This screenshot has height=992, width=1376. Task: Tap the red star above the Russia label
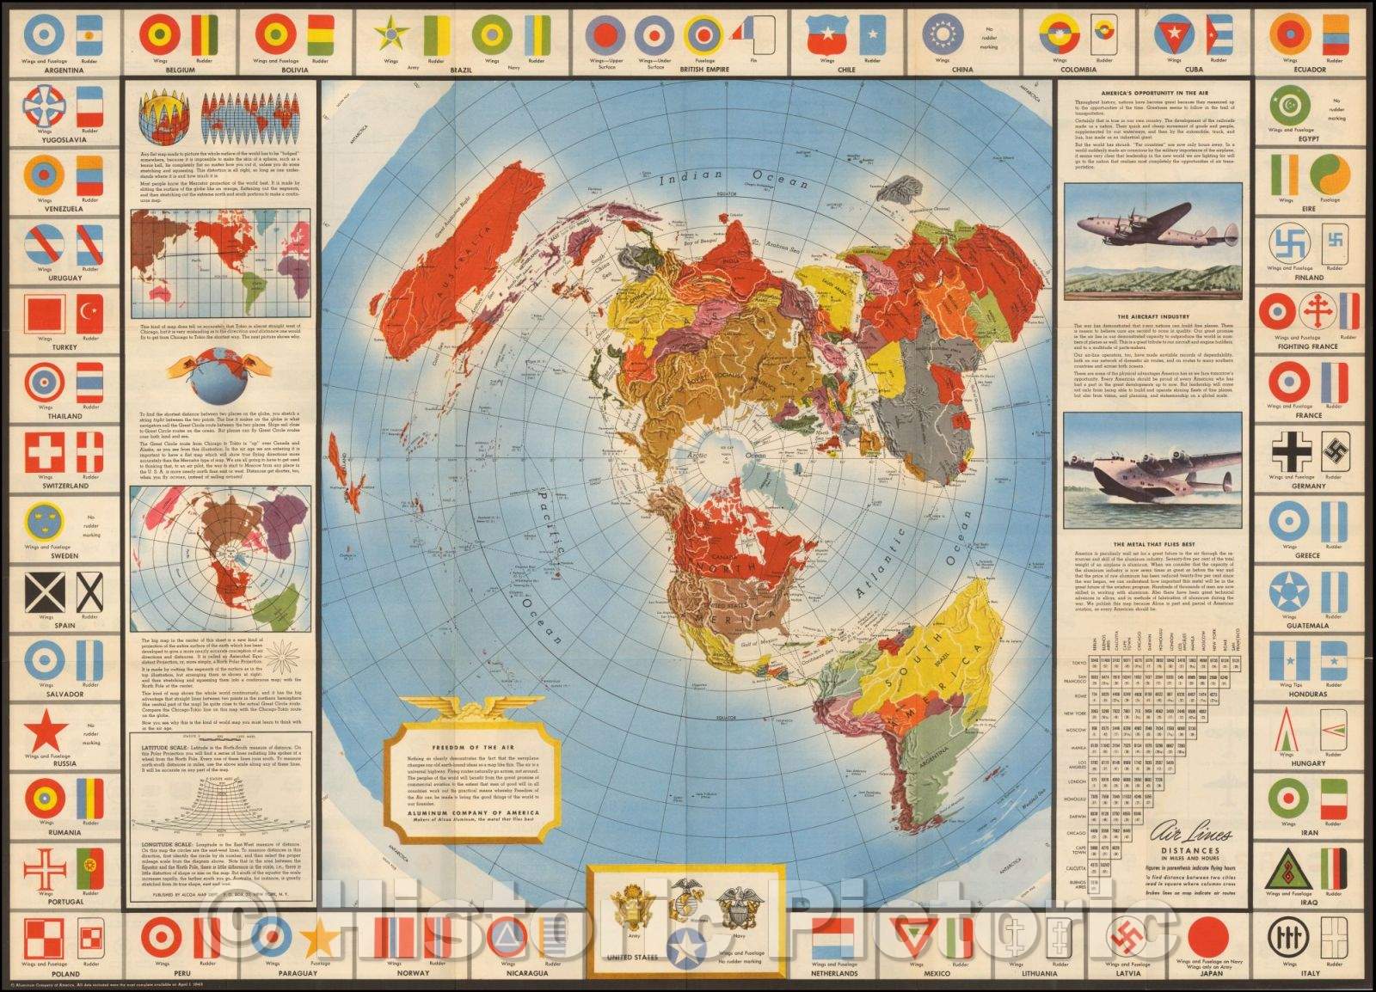coord(46,733)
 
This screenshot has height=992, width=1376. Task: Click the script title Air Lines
coord(1193,835)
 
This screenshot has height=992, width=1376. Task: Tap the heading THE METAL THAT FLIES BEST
coord(1152,544)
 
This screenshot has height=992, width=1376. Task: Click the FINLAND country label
coord(1307,278)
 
